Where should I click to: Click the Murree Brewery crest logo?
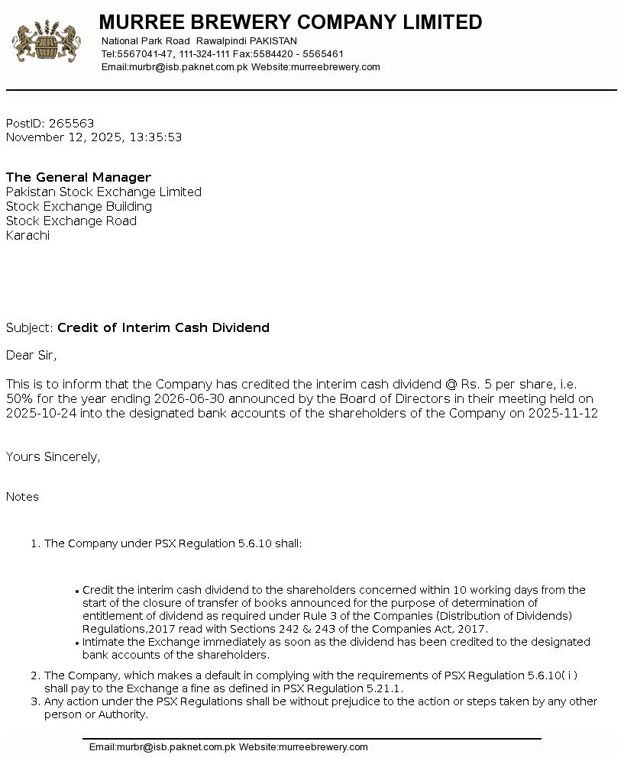tap(47, 43)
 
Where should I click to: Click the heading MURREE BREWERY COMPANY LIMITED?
tap(290, 22)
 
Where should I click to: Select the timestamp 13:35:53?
tap(156, 137)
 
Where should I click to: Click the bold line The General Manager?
tap(79, 178)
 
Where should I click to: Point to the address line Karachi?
tap(27, 236)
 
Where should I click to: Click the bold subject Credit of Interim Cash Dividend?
tap(163, 328)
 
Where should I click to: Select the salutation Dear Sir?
tap(31, 355)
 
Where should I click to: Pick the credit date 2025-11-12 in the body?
tap(564, 414)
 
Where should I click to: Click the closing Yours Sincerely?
tap(53, 457)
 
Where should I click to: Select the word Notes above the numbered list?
tap(22, 497)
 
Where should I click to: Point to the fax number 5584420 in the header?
tap(273, 54)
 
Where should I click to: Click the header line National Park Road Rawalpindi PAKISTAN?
tap(199, 41)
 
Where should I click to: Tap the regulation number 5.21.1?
tap(384, 688)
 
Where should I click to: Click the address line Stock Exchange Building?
tap(79, 207)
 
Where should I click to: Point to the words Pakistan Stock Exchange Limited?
tap(104, 192)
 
